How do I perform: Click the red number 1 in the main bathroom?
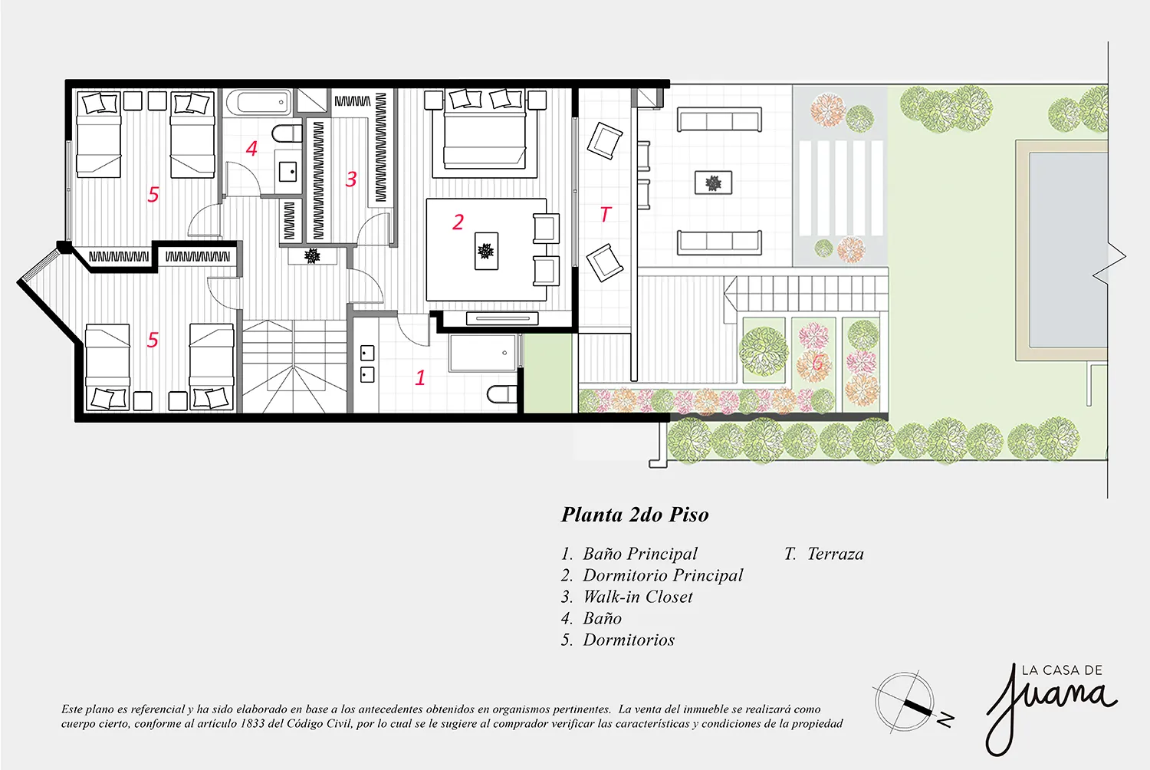(x=420, y=377)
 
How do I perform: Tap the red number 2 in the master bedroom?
(x=458, y=222)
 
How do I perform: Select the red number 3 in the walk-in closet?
(x=351, y=179)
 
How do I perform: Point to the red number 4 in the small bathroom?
(x=251, y=149)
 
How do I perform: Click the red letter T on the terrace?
(x=606, y=214)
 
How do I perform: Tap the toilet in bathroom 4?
(x=287, y=133)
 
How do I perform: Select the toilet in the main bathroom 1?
(x=501, y=394)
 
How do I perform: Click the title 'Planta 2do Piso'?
(x=635, y=515)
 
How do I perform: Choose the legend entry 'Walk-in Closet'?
(x=638, y=597)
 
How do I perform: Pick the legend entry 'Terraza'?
(x=836, y=554)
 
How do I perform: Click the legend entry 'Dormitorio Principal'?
(x=663, y=575)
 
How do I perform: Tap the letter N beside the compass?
(x=945, y=719)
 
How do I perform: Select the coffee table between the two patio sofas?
(x=713, y=183)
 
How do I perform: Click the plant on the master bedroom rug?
(x=485, y=251)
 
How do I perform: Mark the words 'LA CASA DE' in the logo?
(x=1062, y=670)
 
